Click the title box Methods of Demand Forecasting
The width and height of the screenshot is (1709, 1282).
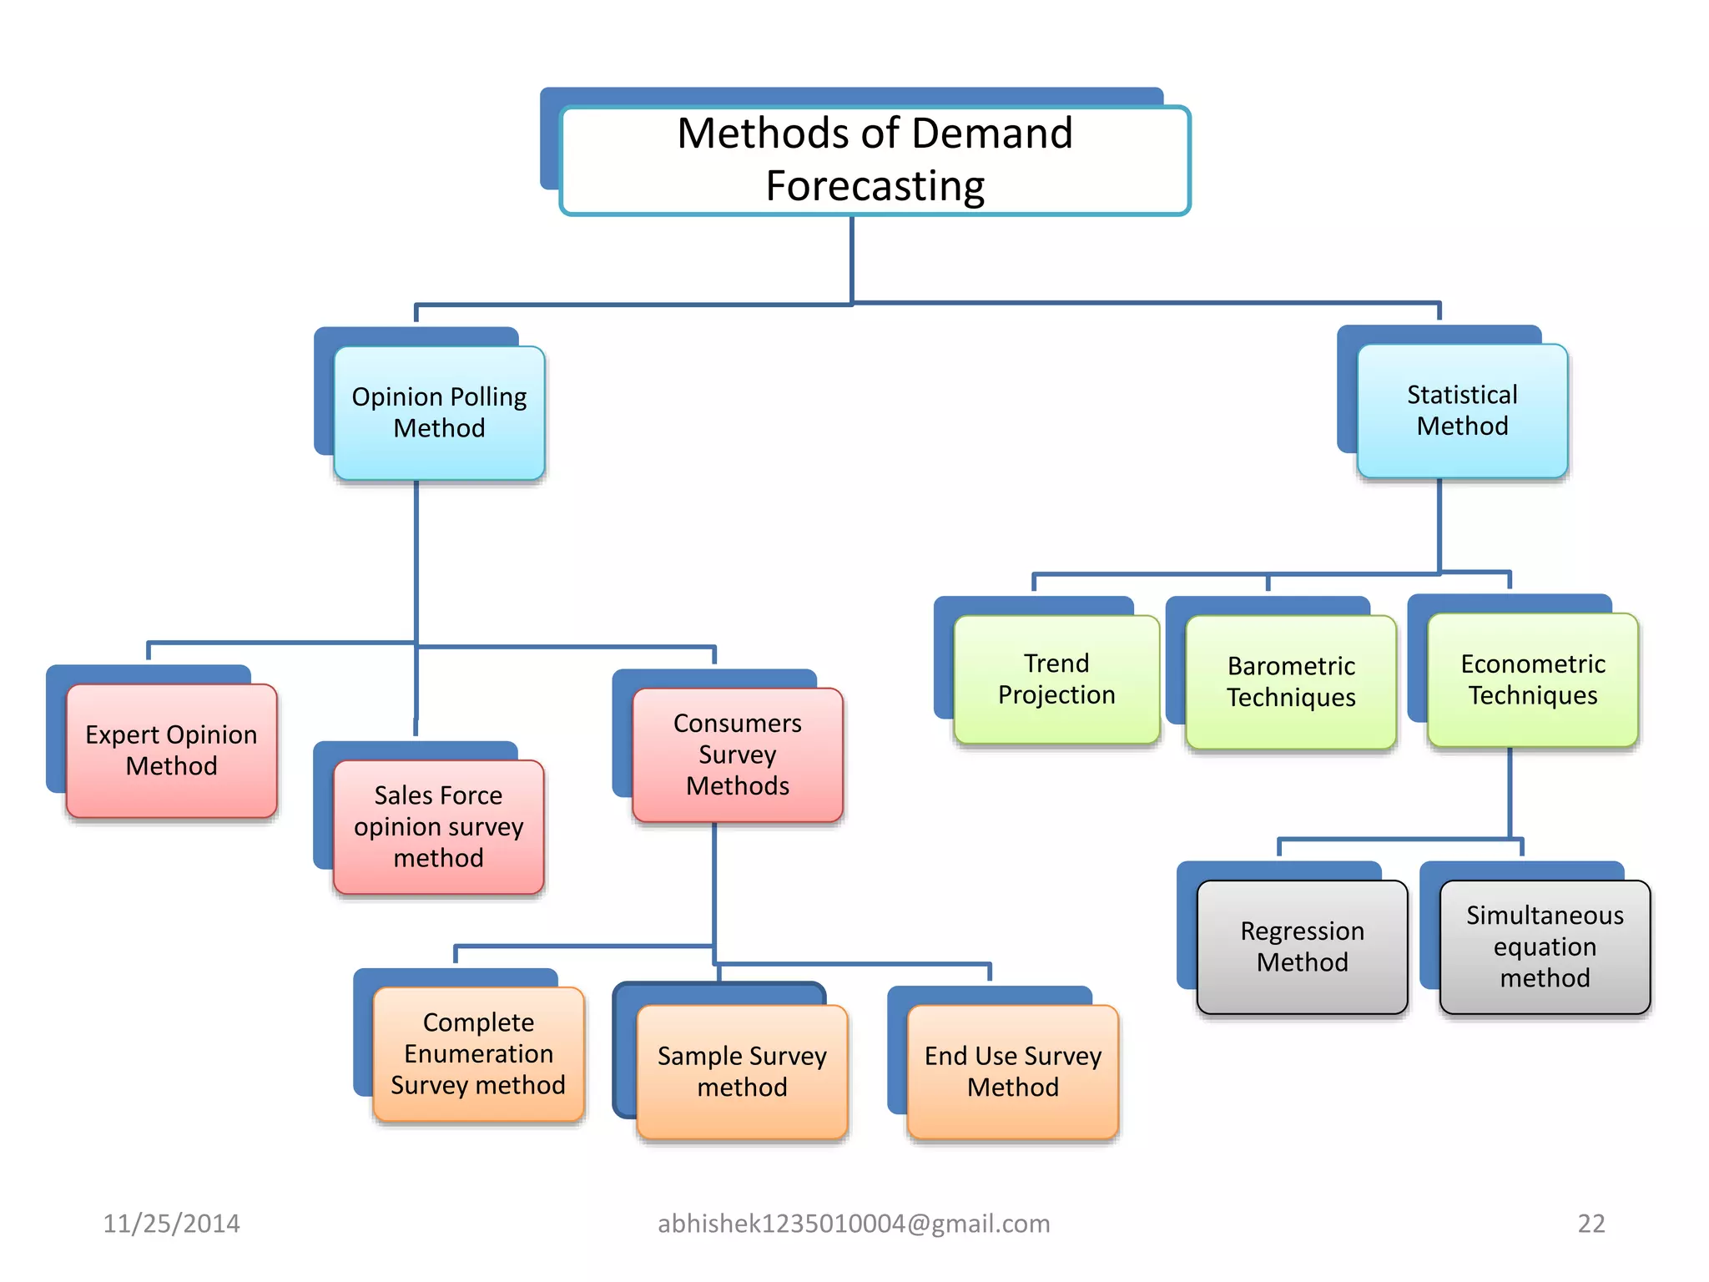875,159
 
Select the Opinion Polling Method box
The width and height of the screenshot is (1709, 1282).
439,412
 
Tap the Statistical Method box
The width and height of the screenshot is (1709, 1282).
1462,410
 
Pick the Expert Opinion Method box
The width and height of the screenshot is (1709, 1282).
171,750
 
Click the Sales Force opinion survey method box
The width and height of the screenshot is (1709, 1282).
438,826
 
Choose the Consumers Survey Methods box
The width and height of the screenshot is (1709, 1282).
737,754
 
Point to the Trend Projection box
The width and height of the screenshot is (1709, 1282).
1056,679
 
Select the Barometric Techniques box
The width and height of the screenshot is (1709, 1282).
1290,681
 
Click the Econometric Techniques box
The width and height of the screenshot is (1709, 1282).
1532,679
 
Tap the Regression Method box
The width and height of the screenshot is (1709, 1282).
1302,946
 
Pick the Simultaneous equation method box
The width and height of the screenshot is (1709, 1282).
1545,946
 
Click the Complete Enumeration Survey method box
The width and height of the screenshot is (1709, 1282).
478,1053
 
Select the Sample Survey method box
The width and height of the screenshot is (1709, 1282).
742,1071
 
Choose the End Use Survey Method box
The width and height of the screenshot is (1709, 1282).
1012,1071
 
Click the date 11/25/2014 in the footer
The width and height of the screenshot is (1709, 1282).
171,1224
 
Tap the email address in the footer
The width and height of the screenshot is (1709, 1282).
854,1224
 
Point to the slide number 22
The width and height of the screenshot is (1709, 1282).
1591,1224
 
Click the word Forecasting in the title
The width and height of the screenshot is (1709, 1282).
875,185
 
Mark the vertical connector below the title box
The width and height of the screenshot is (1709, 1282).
852,259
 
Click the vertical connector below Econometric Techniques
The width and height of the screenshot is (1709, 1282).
1510,793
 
